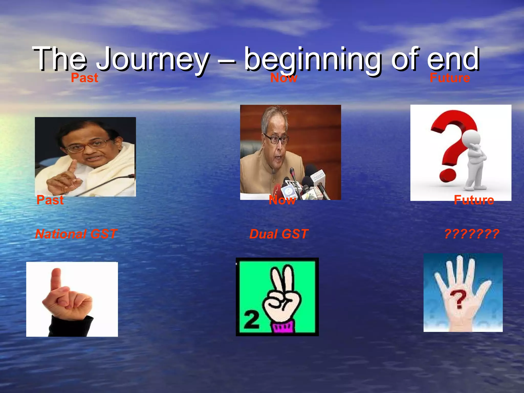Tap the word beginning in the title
point(313,59)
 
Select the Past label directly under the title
point(84,78)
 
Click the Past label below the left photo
point(50,200)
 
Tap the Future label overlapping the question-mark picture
point(474,200)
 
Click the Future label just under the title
point(450,78)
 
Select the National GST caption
point(76,234)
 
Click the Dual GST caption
point(279,234)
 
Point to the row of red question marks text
point(472,234)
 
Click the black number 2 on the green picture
point(252,320)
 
